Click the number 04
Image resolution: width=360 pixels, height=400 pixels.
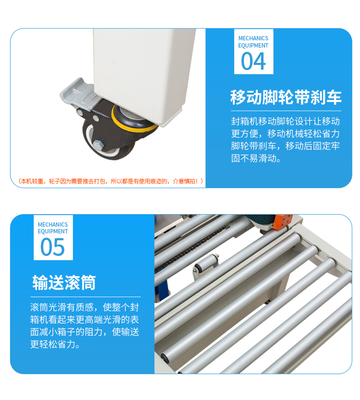(x=253, y=61)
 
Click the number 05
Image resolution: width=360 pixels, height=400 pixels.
(x=52, y=247)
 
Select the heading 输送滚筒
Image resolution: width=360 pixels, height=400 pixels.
(x=64, y=282)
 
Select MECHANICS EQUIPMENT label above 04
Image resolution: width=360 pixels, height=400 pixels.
(x=253, y=42)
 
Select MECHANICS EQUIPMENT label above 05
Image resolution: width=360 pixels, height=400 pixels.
(x=52, y=228)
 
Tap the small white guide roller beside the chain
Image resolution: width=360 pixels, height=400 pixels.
(x=207, y=263)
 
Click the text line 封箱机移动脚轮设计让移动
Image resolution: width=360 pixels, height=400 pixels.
(x=286, y=121)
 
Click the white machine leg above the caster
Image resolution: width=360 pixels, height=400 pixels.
(x=144, y=67)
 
